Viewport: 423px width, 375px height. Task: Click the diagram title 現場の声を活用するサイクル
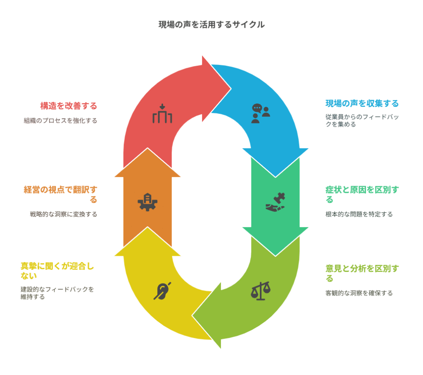211,24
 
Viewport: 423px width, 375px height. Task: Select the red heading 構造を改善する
69,106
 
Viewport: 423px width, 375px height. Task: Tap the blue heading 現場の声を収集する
362,103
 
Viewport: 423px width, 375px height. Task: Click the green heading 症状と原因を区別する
362,195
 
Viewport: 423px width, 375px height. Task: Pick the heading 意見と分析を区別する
362,273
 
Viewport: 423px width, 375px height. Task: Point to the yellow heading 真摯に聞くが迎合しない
57,271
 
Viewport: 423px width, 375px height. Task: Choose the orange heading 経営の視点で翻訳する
60,195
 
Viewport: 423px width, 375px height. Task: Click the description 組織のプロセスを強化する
60,120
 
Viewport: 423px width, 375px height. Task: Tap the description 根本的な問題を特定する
359,214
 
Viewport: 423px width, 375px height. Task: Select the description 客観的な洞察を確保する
359,293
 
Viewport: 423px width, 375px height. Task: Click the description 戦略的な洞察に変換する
63,214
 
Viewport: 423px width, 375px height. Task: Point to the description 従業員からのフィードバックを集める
362,120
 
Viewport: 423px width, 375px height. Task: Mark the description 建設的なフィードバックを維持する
57,293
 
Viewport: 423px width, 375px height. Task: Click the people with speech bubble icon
261,113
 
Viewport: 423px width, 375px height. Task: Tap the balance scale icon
261,291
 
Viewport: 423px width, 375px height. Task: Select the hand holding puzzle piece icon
276,202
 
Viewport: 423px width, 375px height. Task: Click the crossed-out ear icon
162,291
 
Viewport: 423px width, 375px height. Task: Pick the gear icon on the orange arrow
147,202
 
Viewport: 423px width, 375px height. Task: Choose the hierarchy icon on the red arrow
162,113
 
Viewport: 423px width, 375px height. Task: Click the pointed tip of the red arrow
231,88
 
